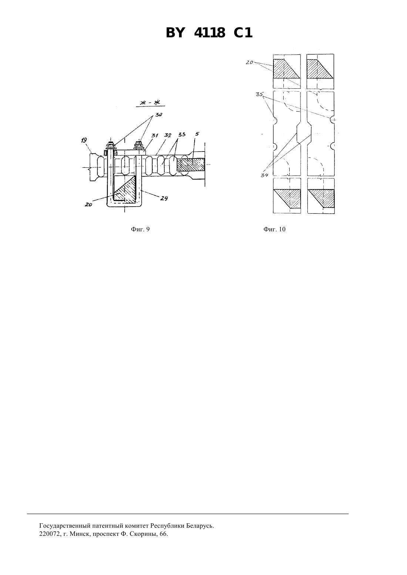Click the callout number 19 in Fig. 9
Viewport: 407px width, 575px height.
coord(84,140)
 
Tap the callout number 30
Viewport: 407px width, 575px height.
coord(158,115)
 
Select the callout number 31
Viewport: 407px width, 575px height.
coord(155,135)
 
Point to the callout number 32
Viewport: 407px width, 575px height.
coord(168,135)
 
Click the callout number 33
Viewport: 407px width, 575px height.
coord(182,135)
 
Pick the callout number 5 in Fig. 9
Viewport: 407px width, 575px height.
coord(197,134)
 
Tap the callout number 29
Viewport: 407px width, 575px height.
coord(164,198)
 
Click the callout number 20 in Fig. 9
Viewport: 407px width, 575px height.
coord(88,205)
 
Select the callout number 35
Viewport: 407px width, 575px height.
coord(259,94)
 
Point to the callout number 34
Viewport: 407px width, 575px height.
coord(265,175)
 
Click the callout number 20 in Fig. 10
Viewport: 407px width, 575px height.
coord(249,62)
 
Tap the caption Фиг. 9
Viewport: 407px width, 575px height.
coord(140,229)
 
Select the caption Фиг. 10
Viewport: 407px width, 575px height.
coord(275,229)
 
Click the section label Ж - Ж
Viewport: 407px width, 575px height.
coord(150,103)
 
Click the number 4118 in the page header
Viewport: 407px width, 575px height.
coord(209,33)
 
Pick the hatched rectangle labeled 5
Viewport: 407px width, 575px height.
coord(191,165)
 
